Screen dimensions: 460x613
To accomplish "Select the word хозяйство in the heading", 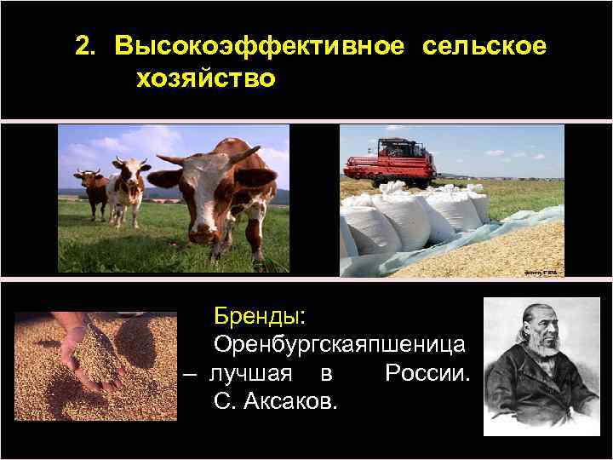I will click(x=204, y=78).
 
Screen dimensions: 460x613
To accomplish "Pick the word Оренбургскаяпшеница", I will click(x=339, y=345).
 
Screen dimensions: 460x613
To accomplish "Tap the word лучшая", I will click(x=251, y=373).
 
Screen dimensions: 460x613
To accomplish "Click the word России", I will click(x=427, y=373).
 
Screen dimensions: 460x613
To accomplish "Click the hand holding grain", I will click(x=81, y=341).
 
